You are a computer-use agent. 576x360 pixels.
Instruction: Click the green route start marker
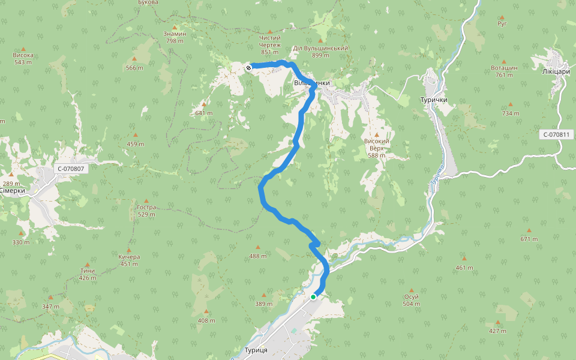point(313,296)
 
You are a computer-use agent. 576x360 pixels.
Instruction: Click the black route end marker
point(248,68)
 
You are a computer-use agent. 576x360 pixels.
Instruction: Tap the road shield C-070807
point(72,169)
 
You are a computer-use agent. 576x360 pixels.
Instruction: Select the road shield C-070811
point(556,134)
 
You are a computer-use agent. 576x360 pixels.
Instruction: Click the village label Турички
point(433,100)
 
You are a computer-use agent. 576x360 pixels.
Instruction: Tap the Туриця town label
point(256,350)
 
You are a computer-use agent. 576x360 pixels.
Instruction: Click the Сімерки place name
point(12,191)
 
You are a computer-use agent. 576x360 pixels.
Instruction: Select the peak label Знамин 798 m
point(175,37)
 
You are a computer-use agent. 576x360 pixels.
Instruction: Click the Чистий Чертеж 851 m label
point(270,45)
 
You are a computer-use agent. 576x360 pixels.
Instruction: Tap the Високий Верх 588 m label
point(377,148)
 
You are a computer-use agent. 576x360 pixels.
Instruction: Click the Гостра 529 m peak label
point(146,211)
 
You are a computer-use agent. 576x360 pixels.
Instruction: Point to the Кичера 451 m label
point(129,260)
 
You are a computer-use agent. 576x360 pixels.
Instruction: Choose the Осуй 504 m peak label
point(411,300)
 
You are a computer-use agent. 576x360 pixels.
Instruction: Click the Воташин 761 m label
point(504,71)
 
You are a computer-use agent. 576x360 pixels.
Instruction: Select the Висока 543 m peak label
point(23,58)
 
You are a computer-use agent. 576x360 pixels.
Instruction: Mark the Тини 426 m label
point(88,274)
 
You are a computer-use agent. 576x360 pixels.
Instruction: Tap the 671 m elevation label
point(529,239)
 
